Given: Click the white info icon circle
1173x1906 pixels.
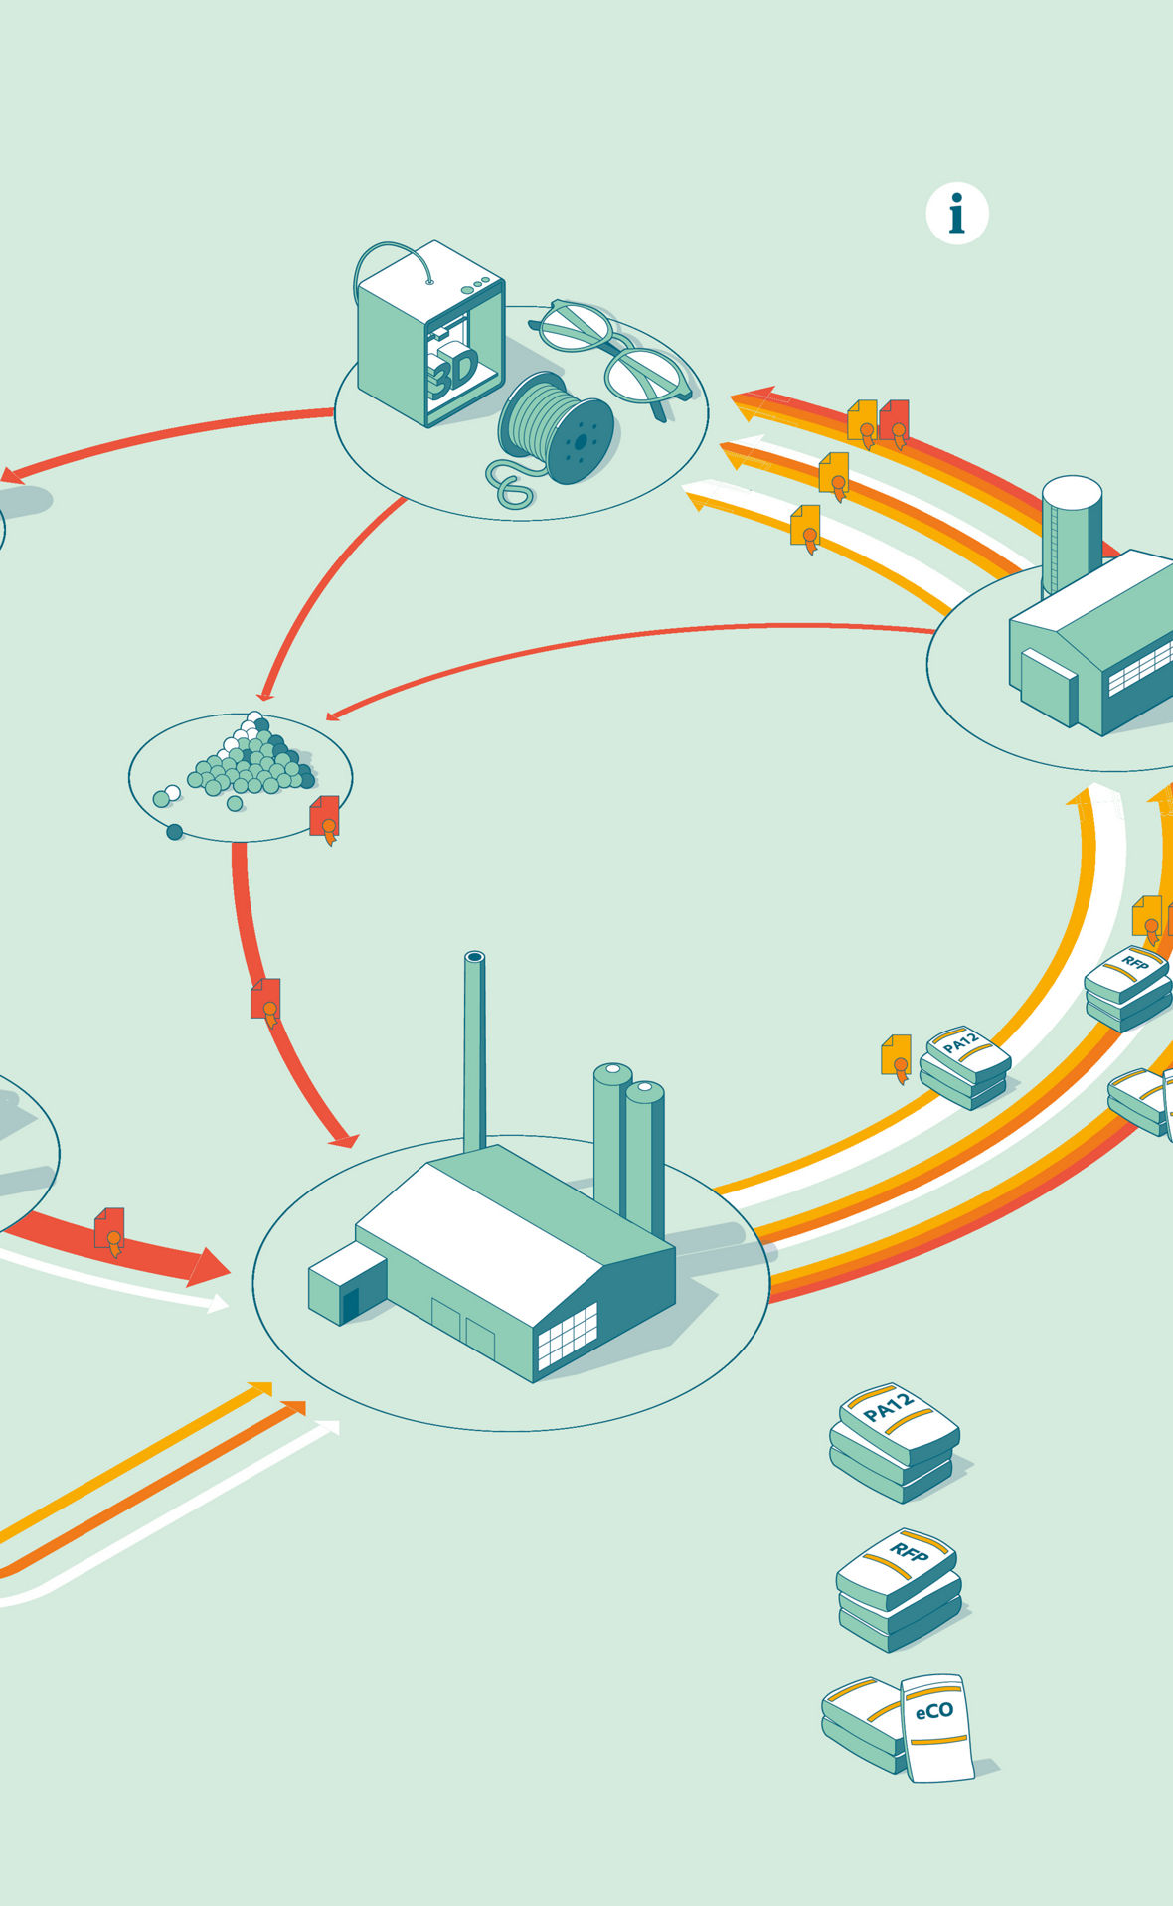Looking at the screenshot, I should (x=956, y=213).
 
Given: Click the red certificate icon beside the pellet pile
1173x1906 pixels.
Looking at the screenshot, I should (x=325, y=817).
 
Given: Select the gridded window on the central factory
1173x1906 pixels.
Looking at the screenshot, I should (x=568, y=1335).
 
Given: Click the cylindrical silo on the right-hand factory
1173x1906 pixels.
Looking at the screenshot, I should (x=1072, y=532).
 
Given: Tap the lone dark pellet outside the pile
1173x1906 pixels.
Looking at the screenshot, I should (x=175, y=832).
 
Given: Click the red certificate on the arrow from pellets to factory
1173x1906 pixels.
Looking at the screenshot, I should (x=265, y=1000).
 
